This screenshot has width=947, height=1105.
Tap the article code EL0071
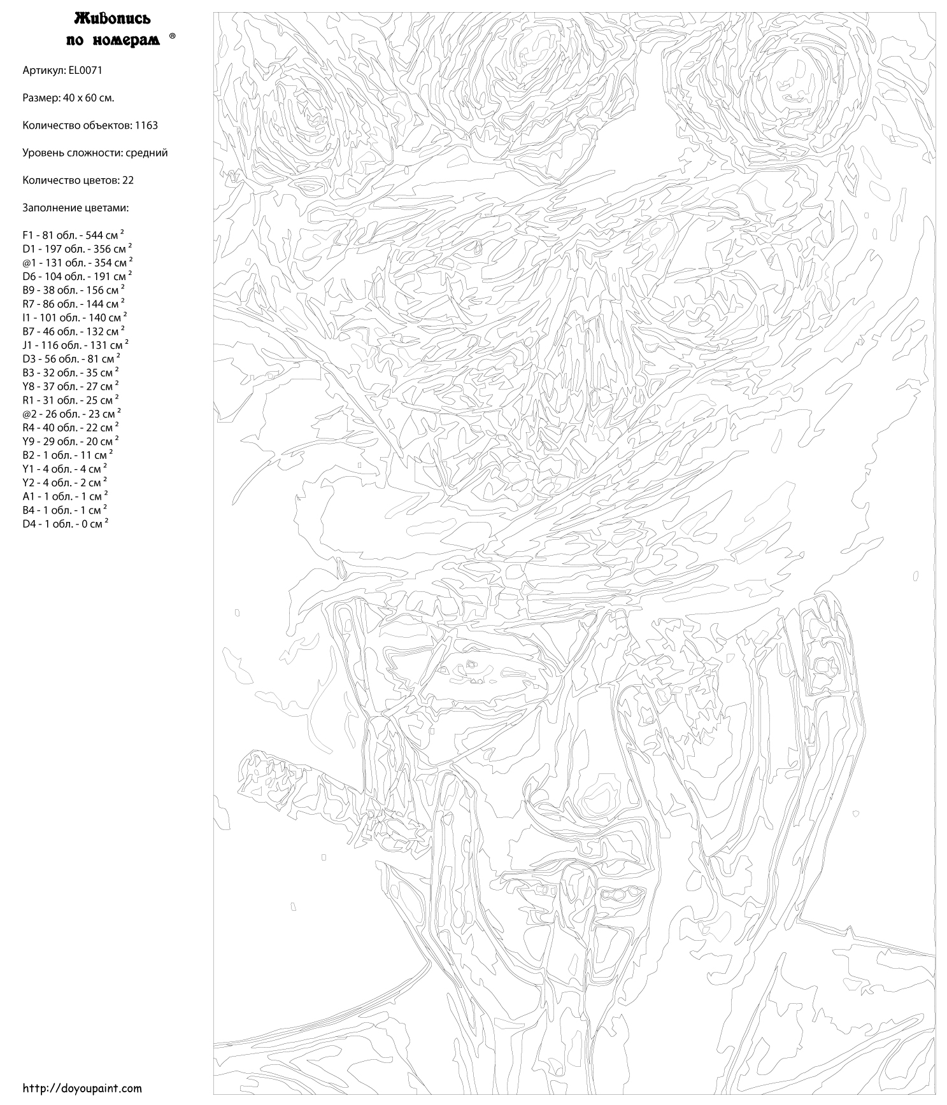(85, 70)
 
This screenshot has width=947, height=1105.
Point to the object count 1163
(146, 125)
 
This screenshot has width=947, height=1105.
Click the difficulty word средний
(146, 153)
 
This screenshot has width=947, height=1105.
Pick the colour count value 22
(128, 180)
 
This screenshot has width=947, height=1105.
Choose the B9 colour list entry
(73, 290)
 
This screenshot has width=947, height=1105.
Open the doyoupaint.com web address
(82, 1088)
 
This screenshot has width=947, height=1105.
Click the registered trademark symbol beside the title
(172, 37)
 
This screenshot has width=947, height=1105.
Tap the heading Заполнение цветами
(75, 208)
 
